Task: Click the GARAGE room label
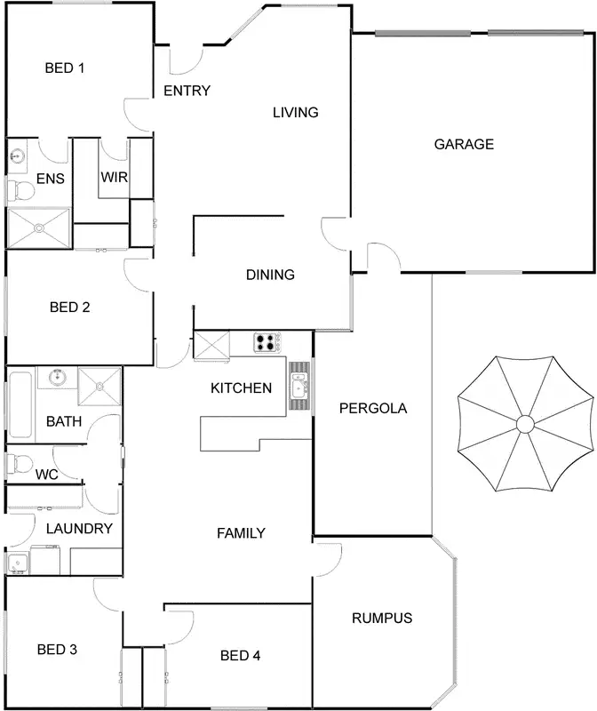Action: tap(463, 144)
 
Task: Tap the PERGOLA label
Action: tap(373, 409)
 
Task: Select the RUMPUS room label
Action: tap(382, 619)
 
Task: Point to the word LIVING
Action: tap(295, 113)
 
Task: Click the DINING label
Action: tap(270, 275)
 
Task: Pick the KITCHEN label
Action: tap(241, 387)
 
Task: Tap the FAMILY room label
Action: tap(242, 533)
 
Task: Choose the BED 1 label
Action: tap(64, 68)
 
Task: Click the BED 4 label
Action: tap(240, 656)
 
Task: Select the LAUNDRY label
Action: tap(79, 529)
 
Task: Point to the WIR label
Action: tap(115, 177)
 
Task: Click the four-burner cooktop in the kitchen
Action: tap(267, 342)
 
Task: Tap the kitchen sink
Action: tap(299, 386)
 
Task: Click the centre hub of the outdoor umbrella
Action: tap(525, 423)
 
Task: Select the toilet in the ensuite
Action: tap(20, 189)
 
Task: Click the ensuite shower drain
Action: tap(39, 228)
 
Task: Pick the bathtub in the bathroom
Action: tap(20, 404)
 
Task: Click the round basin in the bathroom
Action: tap(58, 377)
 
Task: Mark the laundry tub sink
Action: tap(16, 563)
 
